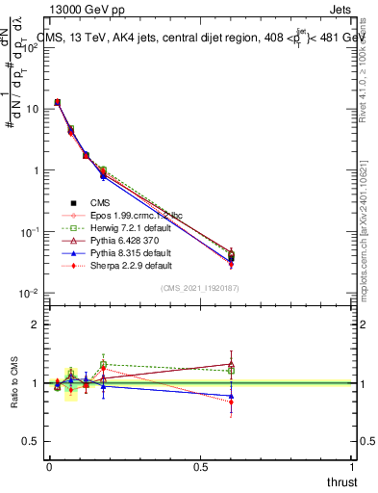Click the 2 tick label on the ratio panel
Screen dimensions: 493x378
tap(35, 324)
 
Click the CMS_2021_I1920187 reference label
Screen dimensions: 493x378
tap(200, 288)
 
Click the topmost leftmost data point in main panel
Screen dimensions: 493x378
tap(57, 102)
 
